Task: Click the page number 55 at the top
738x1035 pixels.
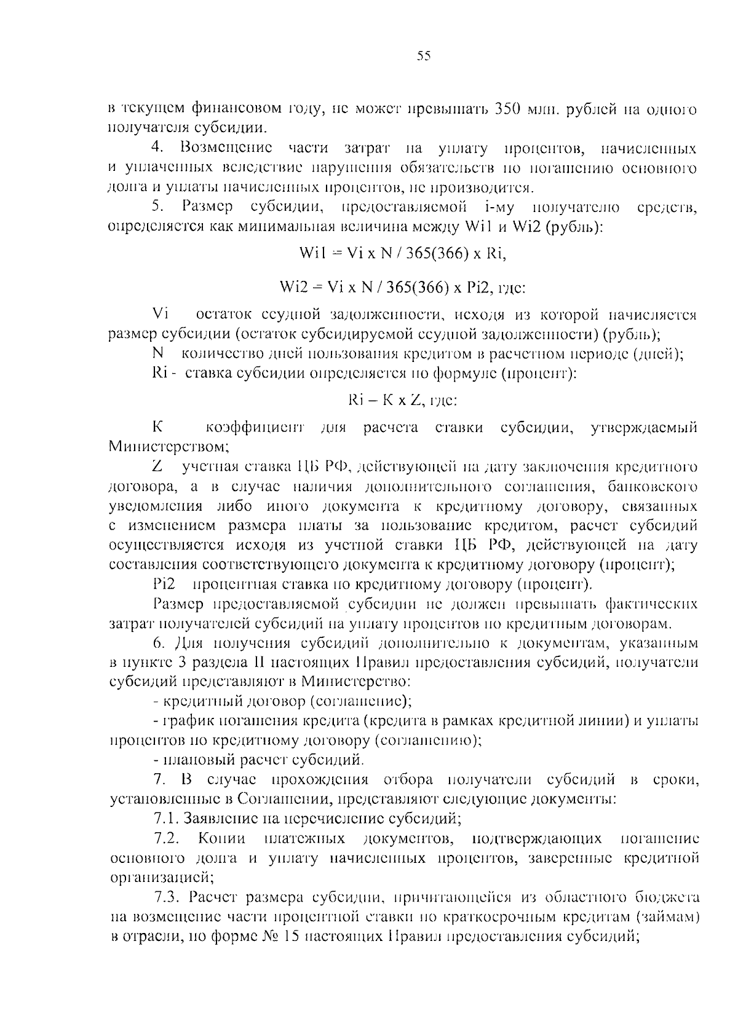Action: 424,57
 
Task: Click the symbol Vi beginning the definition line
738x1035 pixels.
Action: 160,315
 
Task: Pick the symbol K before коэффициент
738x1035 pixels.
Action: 157,427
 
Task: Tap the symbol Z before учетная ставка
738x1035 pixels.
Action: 157,466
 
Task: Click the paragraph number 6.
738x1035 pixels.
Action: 157,643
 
